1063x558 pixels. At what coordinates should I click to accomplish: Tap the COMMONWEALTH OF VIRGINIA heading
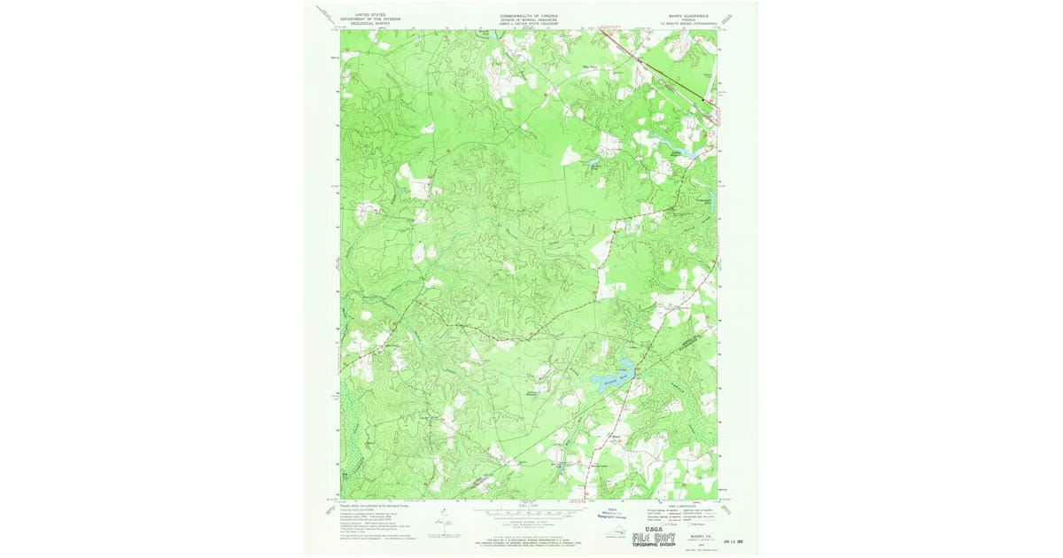tap(531, 15)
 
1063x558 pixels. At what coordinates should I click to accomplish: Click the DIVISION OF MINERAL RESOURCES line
tap(531, 19)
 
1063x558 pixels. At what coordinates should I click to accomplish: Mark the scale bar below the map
tap(531, 512)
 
